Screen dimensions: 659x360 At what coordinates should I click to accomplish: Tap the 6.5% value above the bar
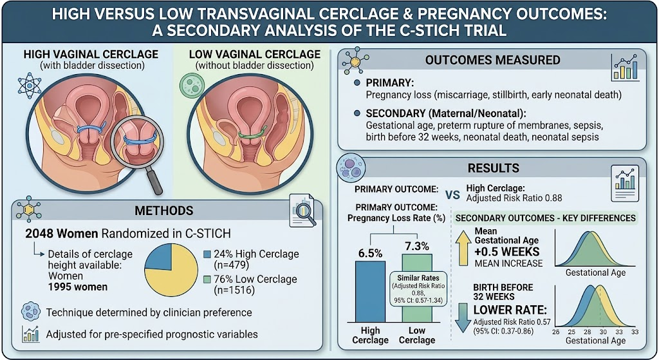(370, 254)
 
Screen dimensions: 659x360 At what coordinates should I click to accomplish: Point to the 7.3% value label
(417, 246)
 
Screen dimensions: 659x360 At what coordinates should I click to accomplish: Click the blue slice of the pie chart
(159, 256)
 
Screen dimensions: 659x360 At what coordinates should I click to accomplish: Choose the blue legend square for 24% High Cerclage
(207, 254)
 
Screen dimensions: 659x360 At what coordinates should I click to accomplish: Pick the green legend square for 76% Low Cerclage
(207, 279)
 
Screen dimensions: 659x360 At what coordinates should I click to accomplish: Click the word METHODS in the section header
(164, 211)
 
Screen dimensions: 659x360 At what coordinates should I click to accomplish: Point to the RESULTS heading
(494, 168)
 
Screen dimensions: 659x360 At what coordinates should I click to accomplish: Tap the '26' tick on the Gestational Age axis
(555, 332)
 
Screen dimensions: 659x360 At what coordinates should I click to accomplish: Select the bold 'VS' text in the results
(452, 196)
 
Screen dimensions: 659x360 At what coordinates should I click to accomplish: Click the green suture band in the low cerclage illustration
(252, 133)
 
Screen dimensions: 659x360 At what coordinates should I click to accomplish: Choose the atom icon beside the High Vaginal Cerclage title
(30, 86)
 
